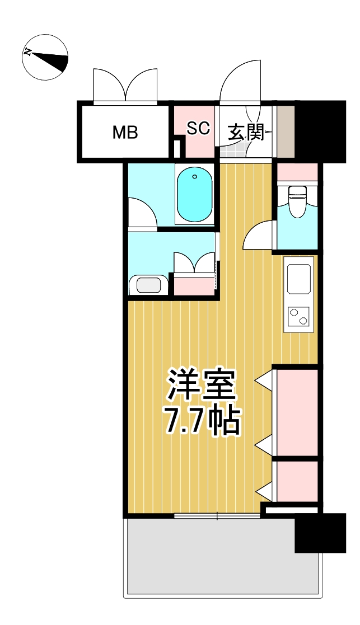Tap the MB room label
(x=125, y=133)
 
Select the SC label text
(x=198, y=128)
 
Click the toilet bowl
(x=296, y=200)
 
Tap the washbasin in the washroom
(x=148, y=284)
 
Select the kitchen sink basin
(x=299, y=278)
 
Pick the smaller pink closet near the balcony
(x=297, y=481)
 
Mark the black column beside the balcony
(x=320, y=533)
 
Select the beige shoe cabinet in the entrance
(x=286, y=131)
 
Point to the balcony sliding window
(x=217, y=516)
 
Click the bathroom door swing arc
(x=141, y=213)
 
